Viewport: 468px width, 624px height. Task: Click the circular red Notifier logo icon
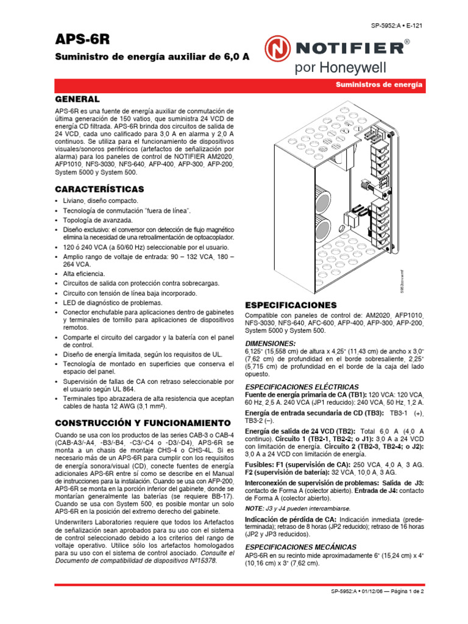point(277,48)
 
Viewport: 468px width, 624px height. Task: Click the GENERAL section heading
point(77,99)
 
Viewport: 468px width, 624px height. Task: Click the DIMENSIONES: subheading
point(271,343)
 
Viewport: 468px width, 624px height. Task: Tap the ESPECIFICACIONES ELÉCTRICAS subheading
point(302,386)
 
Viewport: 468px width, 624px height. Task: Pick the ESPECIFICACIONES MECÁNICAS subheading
point(301,547)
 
